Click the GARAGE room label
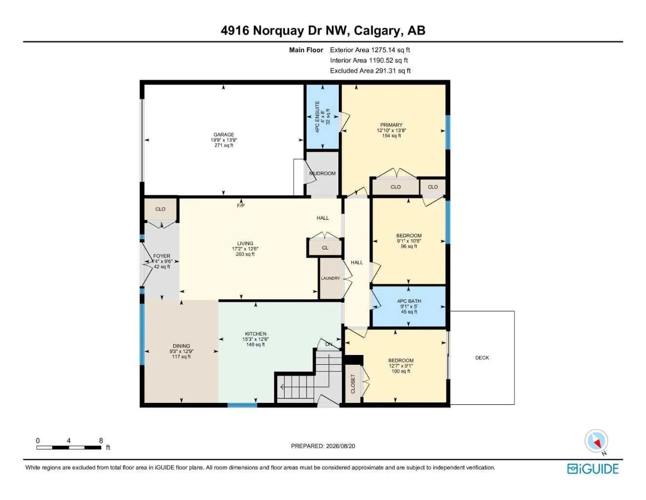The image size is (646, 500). click(224, 135)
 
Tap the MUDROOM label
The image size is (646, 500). click(322, 173)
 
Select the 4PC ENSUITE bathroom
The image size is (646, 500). click(323, 117)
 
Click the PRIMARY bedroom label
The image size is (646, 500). click(391, 125)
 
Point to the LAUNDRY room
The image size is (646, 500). click(330, 278)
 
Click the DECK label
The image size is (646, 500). click(482, 358)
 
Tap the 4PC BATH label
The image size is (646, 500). click(409, 301)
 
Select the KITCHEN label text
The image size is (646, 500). click(255, 333)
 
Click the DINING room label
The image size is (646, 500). click(181, 346)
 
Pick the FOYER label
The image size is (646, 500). click(161, 256)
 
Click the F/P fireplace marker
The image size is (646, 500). click(240, 206)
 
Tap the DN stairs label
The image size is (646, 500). click(329, 344)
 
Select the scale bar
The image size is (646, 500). click(69, 447)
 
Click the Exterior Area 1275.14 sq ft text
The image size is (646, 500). click(370, 50)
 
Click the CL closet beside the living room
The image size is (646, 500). click(325, 248)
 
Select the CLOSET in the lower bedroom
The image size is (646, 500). click(353, 384)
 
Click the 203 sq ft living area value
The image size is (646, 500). click(245, 254)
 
